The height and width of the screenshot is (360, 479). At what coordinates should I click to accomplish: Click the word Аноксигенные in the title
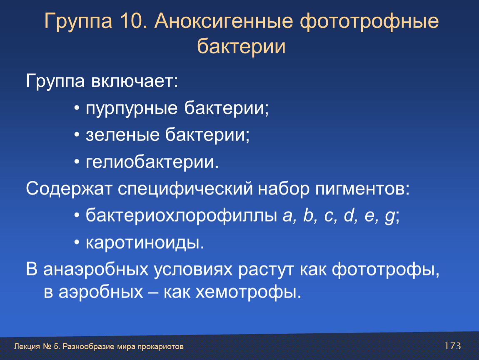224,21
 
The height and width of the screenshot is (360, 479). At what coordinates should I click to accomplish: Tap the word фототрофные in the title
369,22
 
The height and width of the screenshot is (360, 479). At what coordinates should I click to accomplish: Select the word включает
135,81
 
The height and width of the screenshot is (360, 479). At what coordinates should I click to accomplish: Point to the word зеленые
123,135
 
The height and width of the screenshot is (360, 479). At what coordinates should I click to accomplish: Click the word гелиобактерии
152,162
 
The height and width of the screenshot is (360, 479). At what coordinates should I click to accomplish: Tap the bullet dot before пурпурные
77,108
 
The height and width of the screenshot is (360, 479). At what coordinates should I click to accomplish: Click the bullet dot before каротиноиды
77,242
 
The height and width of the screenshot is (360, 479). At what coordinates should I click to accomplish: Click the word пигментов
362,189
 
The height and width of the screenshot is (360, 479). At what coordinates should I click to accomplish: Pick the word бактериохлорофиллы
182,216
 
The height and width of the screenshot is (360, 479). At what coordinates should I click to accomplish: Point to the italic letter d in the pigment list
349,215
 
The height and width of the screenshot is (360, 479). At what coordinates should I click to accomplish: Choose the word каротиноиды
145,243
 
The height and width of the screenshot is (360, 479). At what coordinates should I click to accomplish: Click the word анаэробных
96,270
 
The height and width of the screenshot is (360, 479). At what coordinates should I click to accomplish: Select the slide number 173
452,346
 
